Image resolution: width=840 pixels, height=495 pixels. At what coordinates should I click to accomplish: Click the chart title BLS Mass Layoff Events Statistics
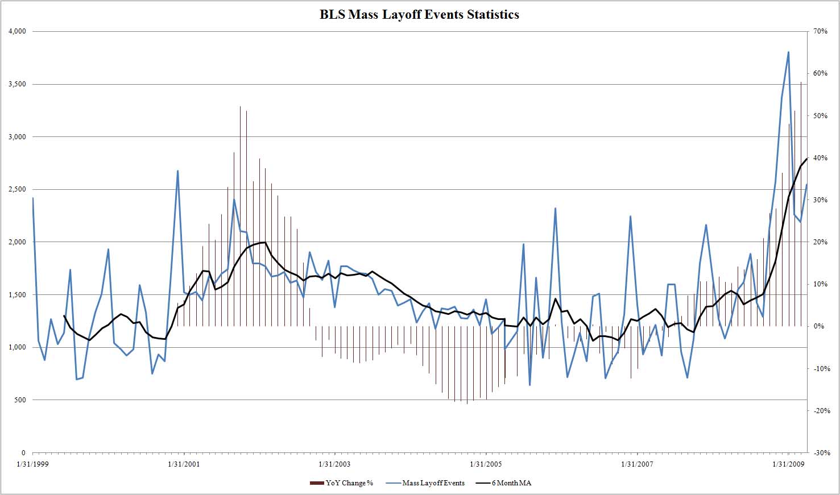[x=419, y=15]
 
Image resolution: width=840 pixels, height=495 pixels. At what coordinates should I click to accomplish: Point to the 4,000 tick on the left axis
[x=17, y=31]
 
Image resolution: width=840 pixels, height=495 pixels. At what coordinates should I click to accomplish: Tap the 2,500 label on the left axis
[x=17, y=189]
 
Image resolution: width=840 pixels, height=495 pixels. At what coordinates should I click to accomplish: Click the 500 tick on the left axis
[x=20, y=400]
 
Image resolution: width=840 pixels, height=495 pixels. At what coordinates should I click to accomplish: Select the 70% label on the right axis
[x=820, y=31]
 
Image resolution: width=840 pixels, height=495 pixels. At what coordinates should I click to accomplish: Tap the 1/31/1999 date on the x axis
[x=33, y=464]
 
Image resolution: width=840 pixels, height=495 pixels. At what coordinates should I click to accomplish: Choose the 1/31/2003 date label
[x=334, y=464]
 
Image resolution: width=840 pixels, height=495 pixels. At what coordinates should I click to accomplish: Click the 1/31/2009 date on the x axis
[x=788, y=464]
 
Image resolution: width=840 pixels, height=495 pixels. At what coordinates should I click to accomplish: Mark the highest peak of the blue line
[x=788, y=52]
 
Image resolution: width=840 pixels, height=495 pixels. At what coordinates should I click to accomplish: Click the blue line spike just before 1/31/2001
[x=177, y=170]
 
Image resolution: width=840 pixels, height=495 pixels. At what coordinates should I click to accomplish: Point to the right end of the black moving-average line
[x=806, y=159]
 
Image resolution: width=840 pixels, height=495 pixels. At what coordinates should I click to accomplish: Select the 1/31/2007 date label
[x=637, y=464]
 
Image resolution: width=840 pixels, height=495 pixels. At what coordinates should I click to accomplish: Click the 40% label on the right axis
[x=820, y=158]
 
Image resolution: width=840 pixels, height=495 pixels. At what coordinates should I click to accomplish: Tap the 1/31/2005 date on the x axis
[x=486, y=464]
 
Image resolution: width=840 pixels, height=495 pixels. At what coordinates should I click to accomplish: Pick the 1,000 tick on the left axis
[x=17, y=347]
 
